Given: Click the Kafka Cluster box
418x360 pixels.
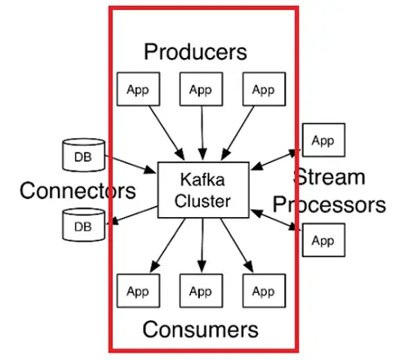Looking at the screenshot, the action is pyautogui.click(x=203, y=190).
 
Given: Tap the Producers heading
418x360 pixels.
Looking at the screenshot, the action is pyautogui.click(x=195, y=51).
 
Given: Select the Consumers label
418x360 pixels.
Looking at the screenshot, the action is pyautogui.click(x=200, y=329).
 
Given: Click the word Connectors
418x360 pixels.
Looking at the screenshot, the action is pyautogui.click(x=78, y=190).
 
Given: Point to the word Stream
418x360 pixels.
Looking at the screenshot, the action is pyautogui.click(x=329, y=177).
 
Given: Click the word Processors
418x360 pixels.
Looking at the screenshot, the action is pyautogui.click(x=329, y=205).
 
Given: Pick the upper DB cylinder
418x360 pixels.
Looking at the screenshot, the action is pyautogui.click(x=83, y=155).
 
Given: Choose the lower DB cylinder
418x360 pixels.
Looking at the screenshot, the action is pyautogui.click(x=83, y=224).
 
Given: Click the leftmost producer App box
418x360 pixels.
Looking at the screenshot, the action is pyautogui.click(x=138, y=89).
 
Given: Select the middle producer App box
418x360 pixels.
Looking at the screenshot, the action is pyautogui.click(x=201, y=89).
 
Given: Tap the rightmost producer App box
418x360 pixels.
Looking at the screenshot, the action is pyautogui.click(x=264, y=89).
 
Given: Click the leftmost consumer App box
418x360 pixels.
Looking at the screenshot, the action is pyautogui.click(x=138, y=291).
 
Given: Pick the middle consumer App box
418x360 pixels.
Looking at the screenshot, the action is pyautogui.click(x=201, y=291).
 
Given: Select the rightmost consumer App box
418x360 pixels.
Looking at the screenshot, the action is pyautogui.click(x=264, y=291).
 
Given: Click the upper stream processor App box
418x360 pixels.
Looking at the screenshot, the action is pyautogui.click(x=324, y=140).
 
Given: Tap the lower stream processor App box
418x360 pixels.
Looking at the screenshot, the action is pyautogui.click(x=324, y=240).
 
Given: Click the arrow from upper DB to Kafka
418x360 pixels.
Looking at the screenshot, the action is pyautogui.click(x=131, y=164).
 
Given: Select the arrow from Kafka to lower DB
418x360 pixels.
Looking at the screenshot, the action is pyautogui.click(x=134, y=216).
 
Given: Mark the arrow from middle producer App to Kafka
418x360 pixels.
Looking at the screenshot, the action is pyautogui.click(x=202, y=133).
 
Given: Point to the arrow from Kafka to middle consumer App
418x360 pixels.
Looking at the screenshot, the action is pyautogui.click(x=202, y=245).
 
